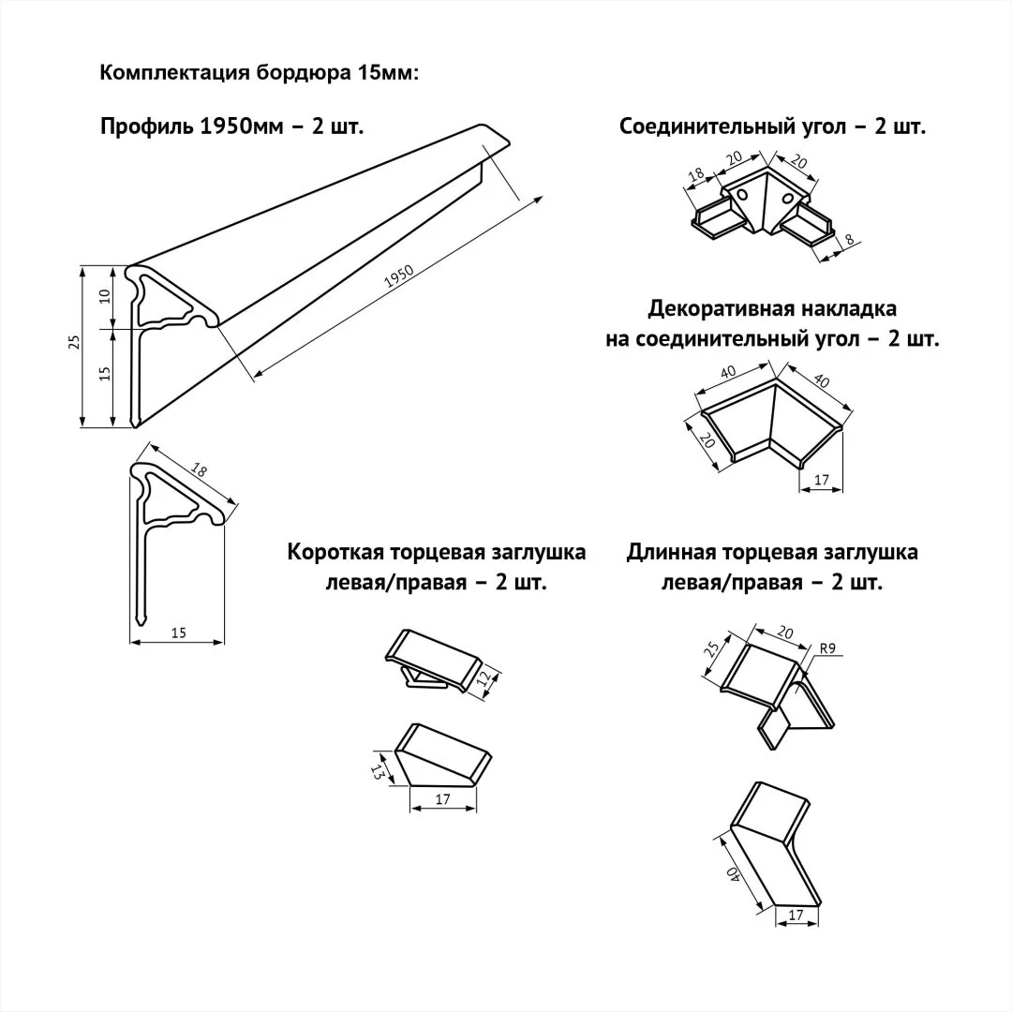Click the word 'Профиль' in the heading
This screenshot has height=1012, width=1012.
146,126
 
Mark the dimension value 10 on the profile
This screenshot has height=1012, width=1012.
105,295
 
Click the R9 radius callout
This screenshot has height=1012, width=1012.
827,647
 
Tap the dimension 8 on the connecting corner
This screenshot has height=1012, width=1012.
849,241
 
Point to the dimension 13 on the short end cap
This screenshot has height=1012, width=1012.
377,770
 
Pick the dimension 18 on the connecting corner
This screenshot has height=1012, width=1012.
696,175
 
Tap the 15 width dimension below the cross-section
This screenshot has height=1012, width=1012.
179,633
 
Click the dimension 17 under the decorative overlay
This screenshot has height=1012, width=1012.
822,481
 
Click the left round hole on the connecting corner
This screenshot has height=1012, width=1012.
742,194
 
